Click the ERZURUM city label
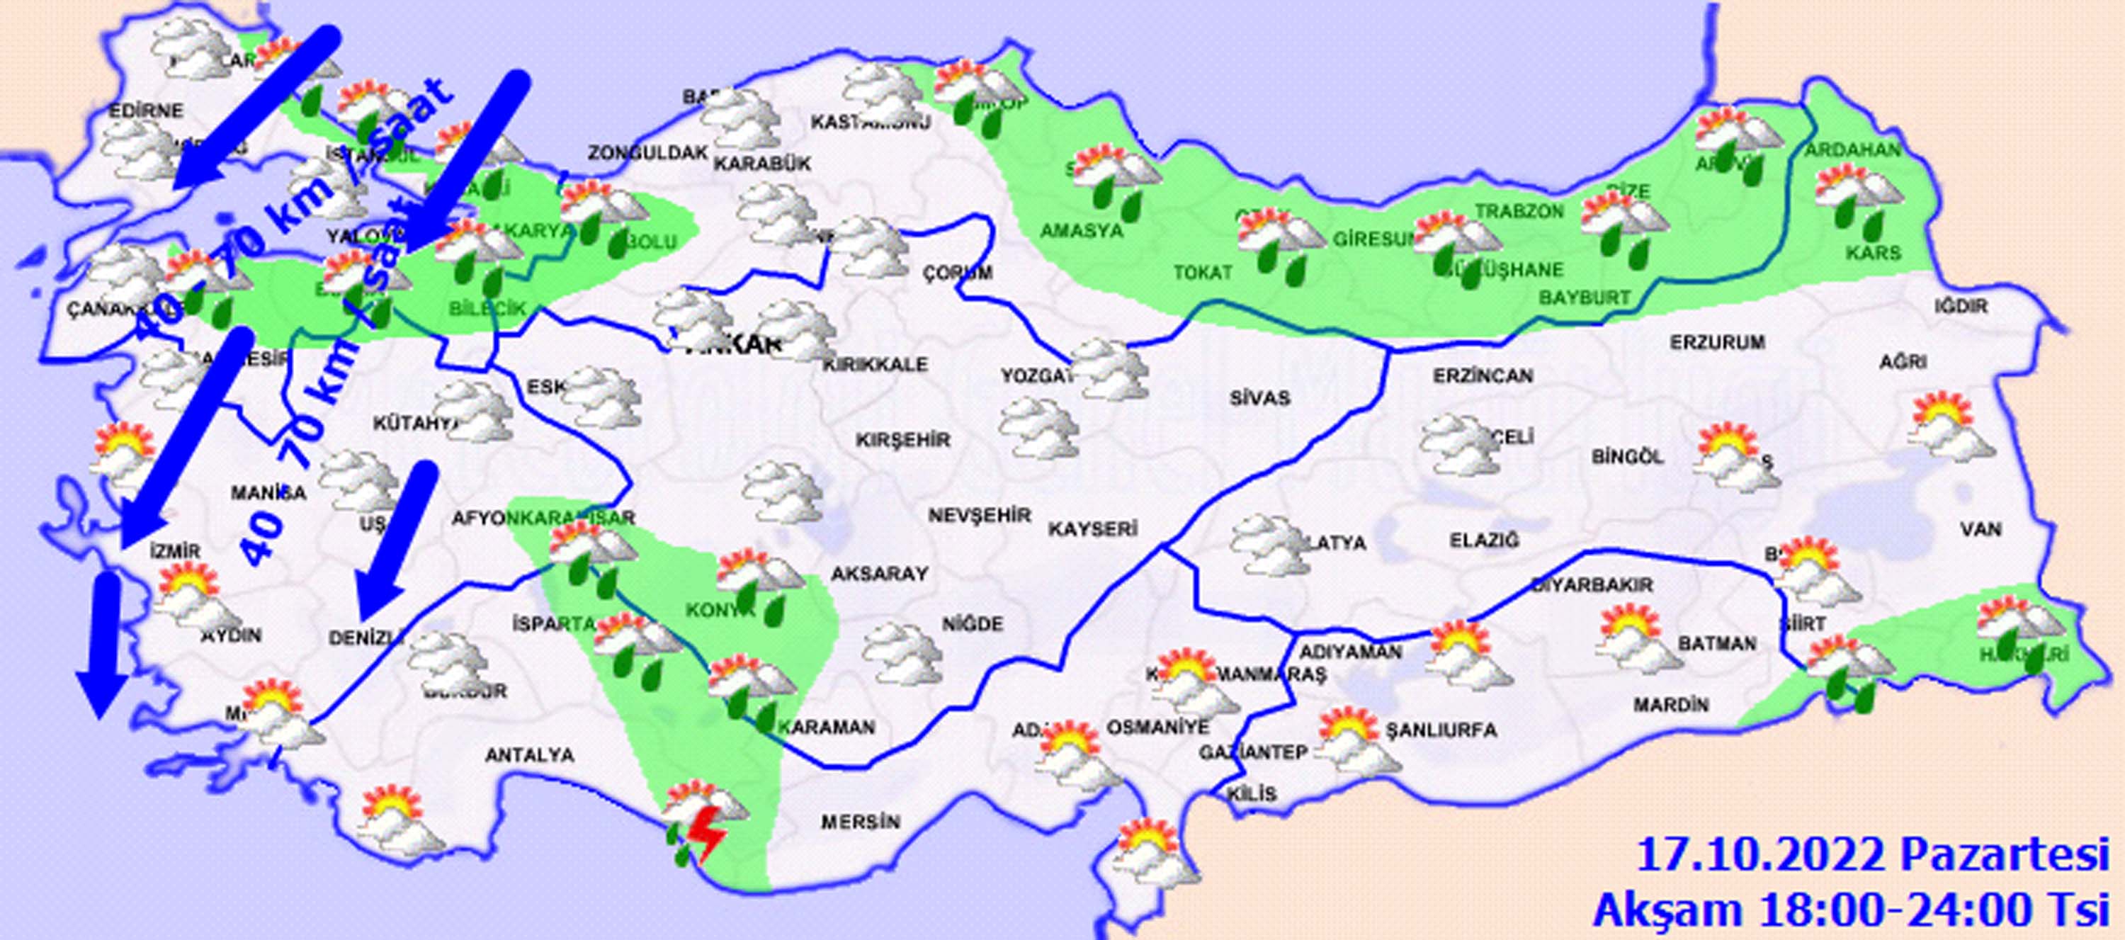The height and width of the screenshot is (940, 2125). coord(1718,341)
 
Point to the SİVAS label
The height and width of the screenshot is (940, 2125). coord(1259,399)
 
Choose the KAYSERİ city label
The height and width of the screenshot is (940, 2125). coord(1094,528)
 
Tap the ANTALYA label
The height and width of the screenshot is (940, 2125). coord(530,755)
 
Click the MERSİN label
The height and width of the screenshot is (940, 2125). coord(861,822)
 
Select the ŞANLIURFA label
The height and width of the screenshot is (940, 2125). coord(1440,730)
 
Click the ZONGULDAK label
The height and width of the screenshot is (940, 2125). coord(648,153)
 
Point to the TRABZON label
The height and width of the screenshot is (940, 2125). coord(1519,212)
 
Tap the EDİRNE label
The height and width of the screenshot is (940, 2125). coord(147,111)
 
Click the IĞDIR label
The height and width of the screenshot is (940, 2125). coord(1961,307)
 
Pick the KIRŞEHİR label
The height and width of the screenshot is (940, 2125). coord(902,440)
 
